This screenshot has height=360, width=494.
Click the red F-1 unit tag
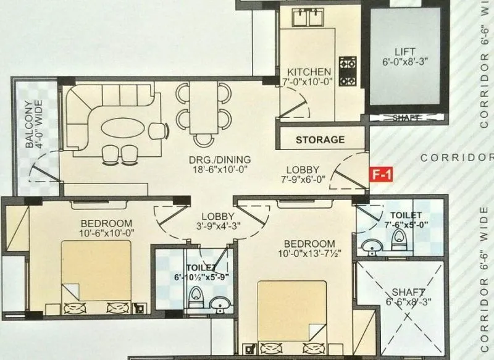pos(381,174)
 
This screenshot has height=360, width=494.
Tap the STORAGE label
pos(320,140)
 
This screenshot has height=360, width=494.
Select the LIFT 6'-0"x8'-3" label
pos(405,56)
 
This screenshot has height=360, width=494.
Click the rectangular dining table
pos(203,109)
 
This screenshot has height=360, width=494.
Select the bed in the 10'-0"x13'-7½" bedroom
pos(292,312)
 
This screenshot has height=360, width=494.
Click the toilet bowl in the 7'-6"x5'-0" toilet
pos(398,244)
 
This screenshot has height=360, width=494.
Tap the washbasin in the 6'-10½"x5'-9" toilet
pos(217,303)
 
